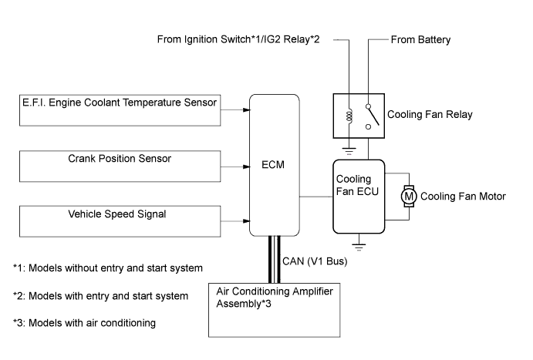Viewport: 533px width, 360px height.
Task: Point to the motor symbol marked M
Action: [x=410, y=197]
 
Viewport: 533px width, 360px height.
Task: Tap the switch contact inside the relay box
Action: [x=374, y=115]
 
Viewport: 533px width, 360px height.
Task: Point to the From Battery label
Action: [x=421, y=39]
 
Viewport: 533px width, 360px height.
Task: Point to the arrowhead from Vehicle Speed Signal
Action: [x=245, y=220]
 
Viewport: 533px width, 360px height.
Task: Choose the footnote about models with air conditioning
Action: [x=85, y=322]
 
